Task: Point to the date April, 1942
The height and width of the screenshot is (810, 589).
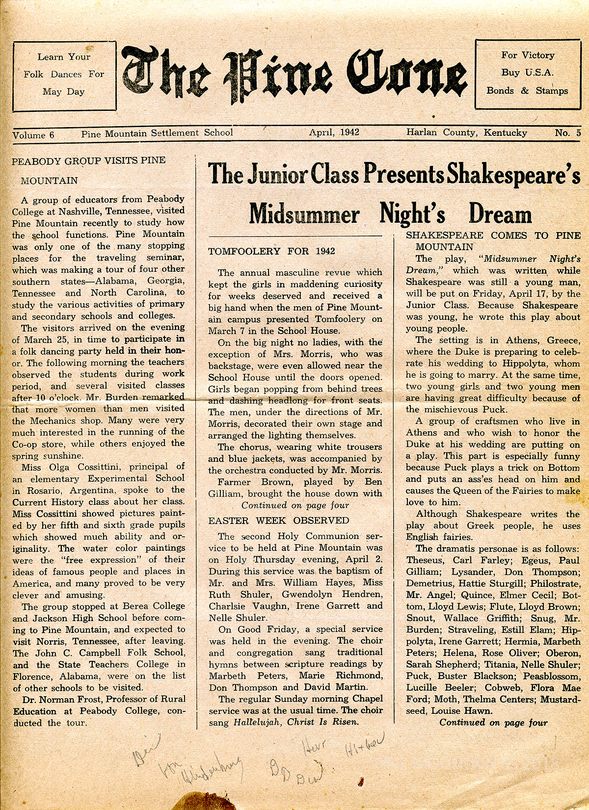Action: pos(334,132)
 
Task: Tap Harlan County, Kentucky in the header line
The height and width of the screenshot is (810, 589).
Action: pos(466,132)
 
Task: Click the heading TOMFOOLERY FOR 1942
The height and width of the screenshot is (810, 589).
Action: pos(271,251)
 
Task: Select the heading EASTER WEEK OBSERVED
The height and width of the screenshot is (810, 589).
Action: pos(278,521)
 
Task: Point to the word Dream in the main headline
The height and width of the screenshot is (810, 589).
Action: pos(500,214)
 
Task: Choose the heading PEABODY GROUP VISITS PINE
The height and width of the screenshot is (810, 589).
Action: pos(88,160)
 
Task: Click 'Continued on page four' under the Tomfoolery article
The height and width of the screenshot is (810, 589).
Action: pos(295,505)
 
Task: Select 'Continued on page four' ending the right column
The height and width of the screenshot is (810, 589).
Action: pos(493,722)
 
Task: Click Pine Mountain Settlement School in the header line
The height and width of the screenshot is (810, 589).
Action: pos(157,133)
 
